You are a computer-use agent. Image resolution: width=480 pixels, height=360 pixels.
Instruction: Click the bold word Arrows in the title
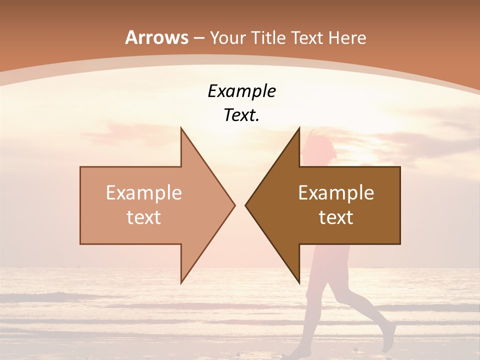156,37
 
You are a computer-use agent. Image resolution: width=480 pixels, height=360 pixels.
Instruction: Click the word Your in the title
228,37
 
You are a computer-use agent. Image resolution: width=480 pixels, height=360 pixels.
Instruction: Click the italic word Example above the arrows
241,91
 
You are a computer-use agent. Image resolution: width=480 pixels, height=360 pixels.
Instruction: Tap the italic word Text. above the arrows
241,115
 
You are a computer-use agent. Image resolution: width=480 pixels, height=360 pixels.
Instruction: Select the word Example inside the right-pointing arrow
143,192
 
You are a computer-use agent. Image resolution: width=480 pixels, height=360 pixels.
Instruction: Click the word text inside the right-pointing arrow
143,217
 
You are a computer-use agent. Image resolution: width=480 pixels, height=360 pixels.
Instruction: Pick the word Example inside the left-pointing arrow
336,192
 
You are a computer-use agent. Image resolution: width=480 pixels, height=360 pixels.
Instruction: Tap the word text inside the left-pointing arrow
336,217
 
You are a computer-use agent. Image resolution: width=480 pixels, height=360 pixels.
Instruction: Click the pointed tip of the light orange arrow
235,205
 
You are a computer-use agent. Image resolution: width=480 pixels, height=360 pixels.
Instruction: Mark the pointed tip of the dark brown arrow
245,205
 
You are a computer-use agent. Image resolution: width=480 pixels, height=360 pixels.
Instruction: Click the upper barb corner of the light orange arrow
181,127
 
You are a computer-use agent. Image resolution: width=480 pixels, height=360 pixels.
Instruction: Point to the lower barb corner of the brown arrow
299,282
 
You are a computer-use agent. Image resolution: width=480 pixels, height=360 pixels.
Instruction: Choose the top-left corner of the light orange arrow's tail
80,167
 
